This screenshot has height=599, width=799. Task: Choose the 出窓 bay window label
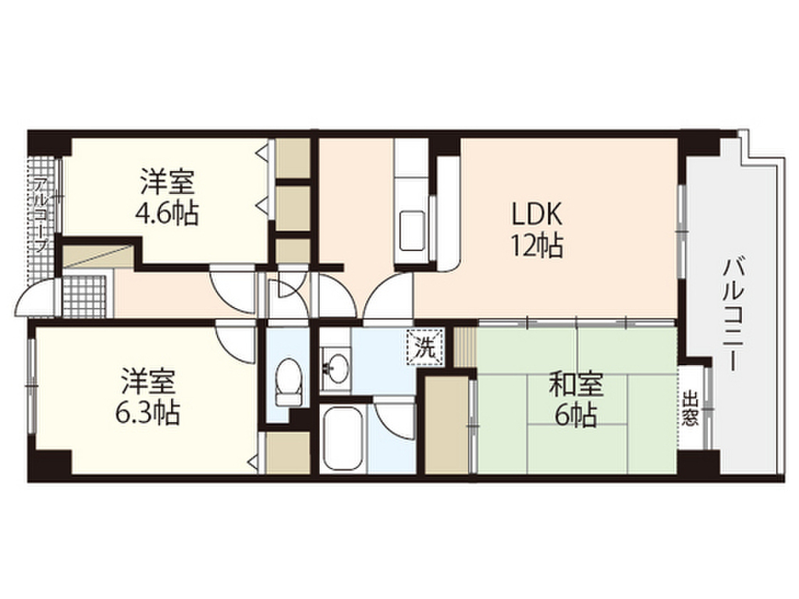690,409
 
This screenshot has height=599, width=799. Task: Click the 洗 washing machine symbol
424,346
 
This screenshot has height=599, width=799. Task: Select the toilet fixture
289,381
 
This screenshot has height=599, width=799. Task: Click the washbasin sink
338,367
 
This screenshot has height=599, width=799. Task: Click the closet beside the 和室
446,422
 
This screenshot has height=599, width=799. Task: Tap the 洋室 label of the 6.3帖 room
148,382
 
